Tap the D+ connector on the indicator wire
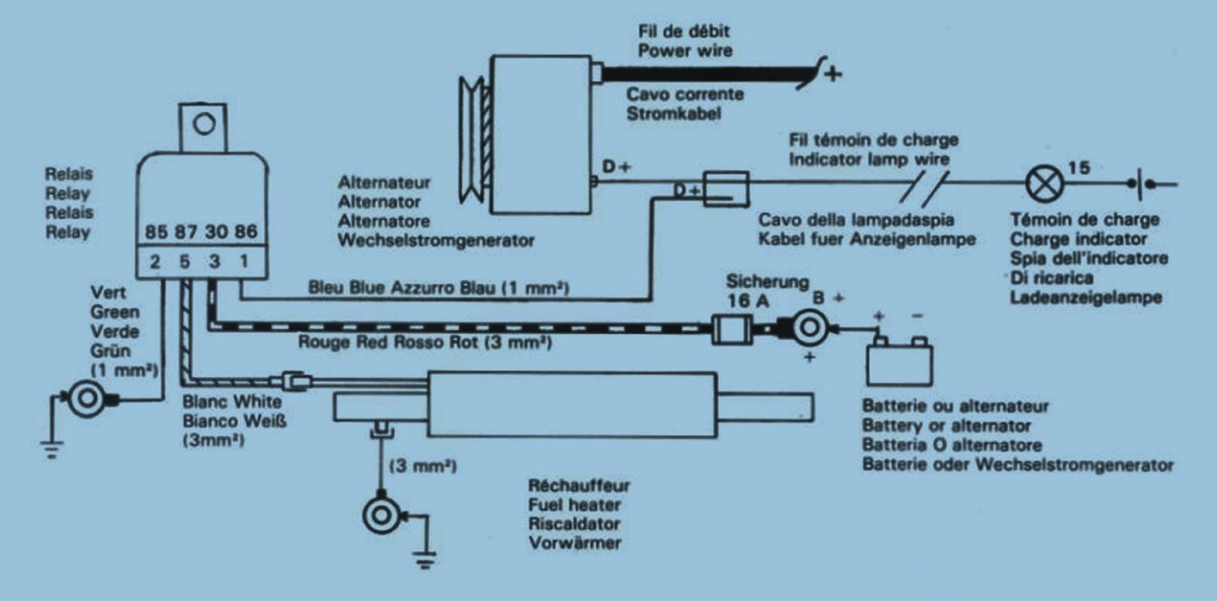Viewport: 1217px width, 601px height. pyautogui.click(x=723, y=186)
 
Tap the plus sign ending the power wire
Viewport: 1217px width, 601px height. pyautogui.click(x=834, y=73)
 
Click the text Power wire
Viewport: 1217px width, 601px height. pyautogui.click(x=685, y=51)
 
